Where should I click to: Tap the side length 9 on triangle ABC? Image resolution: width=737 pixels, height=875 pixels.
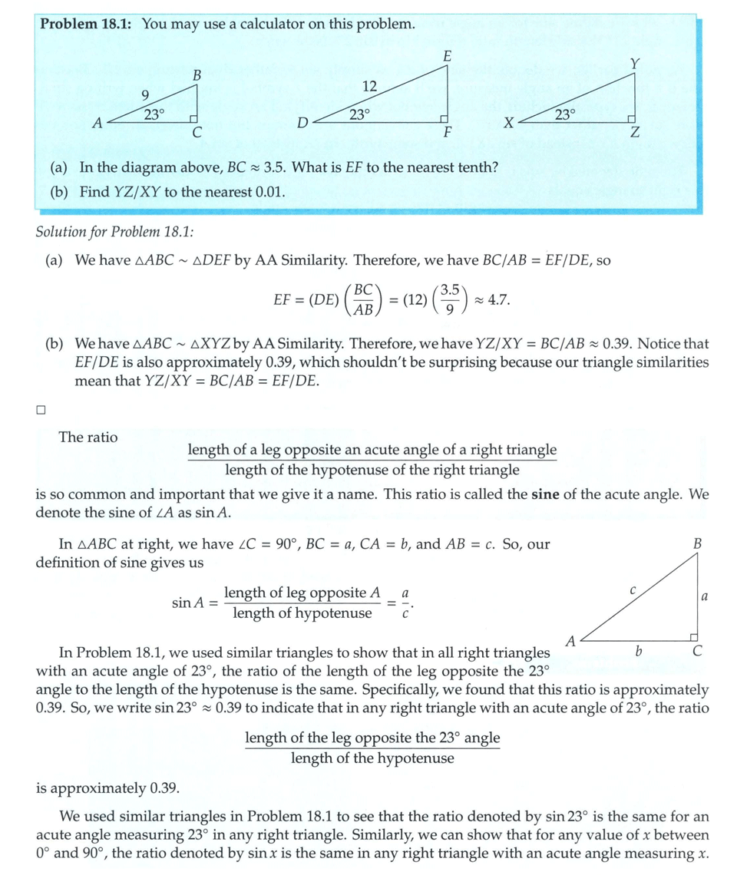tap(145, 94)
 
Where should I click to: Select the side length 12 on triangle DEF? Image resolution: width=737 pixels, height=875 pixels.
tap(369, 86)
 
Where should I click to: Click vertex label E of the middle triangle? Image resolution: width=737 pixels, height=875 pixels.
tap(447, 56)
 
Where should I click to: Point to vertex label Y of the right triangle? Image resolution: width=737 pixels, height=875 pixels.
tap(635, 64)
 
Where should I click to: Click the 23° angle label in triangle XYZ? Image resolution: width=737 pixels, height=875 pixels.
tap(564, 114)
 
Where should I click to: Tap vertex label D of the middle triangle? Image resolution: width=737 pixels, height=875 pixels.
tap(302, 123)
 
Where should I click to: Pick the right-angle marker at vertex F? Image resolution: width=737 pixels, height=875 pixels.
tap(444, 118)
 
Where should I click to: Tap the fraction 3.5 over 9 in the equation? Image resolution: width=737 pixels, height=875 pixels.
tap(454, 299)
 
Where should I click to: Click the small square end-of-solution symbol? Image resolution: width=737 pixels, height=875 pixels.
tap(41, 410)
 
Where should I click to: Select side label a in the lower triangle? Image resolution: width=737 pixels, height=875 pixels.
tap(704, 596)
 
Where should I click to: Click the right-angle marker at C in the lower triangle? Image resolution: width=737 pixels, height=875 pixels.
tap(693, 636)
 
